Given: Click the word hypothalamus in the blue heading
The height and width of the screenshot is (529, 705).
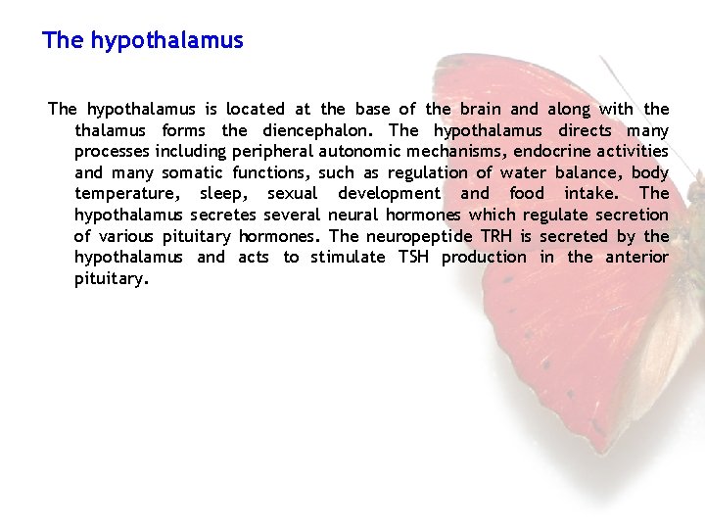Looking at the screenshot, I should click(x=166, y=41).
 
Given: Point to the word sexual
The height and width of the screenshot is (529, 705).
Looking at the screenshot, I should click(x=292, y=194).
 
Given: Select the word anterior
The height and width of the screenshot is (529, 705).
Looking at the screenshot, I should click(x=635, y=257).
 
